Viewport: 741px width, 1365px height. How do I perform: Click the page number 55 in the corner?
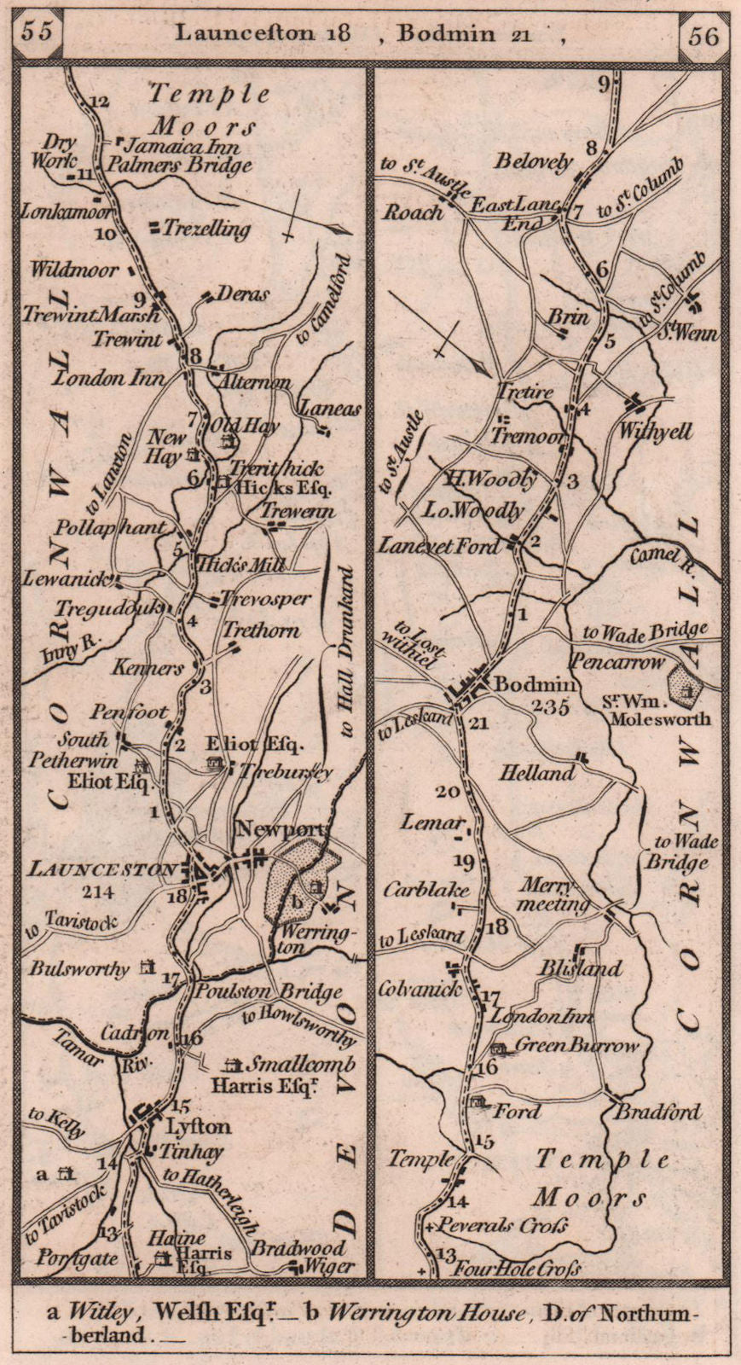[x=38, y=32]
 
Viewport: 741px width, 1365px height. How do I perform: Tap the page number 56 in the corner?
[x=701, y=35]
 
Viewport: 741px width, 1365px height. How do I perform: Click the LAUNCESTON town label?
[x=102, y=869]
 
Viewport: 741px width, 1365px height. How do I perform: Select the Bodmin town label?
[x=524, y=683]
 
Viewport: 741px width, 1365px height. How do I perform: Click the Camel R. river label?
[x=660, y=558]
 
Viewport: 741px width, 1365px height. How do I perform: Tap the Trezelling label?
[x=206, y=229]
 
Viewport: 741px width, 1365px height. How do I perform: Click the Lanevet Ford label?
[x=440, y=545]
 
